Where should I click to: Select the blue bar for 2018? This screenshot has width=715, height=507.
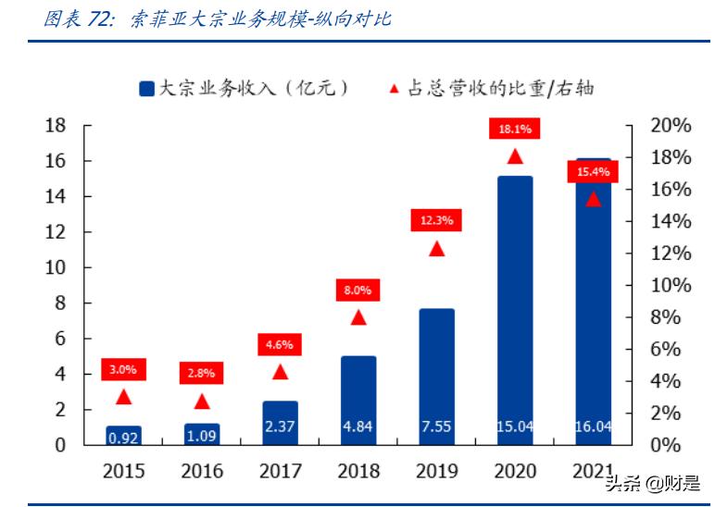[x=358, y=400]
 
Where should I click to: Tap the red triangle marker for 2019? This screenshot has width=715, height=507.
[x=437, y=248]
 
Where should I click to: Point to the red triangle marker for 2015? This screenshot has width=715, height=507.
[x=124, y=397]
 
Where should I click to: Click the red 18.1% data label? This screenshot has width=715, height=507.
[x=515, y=130]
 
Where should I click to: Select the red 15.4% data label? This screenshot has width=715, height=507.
[x=593, y=172]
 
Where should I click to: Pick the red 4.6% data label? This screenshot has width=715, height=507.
[x=280, y=345]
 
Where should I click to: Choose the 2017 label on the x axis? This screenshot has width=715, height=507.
[x=280, y=471]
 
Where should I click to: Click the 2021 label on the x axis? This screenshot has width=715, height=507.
[x=593, y=471]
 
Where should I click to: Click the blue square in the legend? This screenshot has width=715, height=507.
[x=146, y=89]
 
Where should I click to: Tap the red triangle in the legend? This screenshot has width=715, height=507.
[x=394, y=89]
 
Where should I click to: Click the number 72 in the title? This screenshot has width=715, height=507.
[x=101, y=19]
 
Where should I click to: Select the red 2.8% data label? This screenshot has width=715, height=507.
[x=202, y=374]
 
